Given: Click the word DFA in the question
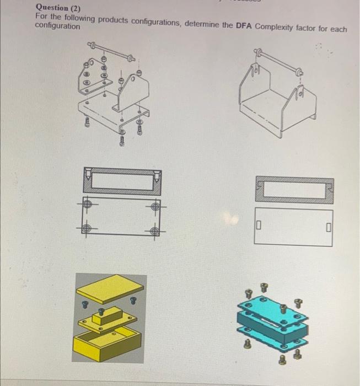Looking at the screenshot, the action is click(243, 26).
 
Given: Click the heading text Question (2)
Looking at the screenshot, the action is click(58, 8).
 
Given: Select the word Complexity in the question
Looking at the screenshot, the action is click(274, 27).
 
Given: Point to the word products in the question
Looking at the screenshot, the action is click(113, 20).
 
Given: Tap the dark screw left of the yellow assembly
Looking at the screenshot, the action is click(85, 304).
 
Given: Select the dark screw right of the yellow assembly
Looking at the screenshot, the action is click(133, 301).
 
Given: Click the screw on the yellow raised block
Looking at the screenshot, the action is click(101, 312).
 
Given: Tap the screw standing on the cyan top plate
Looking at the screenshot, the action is click(283, 309).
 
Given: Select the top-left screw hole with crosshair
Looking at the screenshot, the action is click(87, 204).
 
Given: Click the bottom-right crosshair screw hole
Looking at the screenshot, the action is click(154, 231).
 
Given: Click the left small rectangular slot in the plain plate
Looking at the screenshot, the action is click(258, 225).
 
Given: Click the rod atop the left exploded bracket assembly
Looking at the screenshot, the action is click(111, 51).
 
